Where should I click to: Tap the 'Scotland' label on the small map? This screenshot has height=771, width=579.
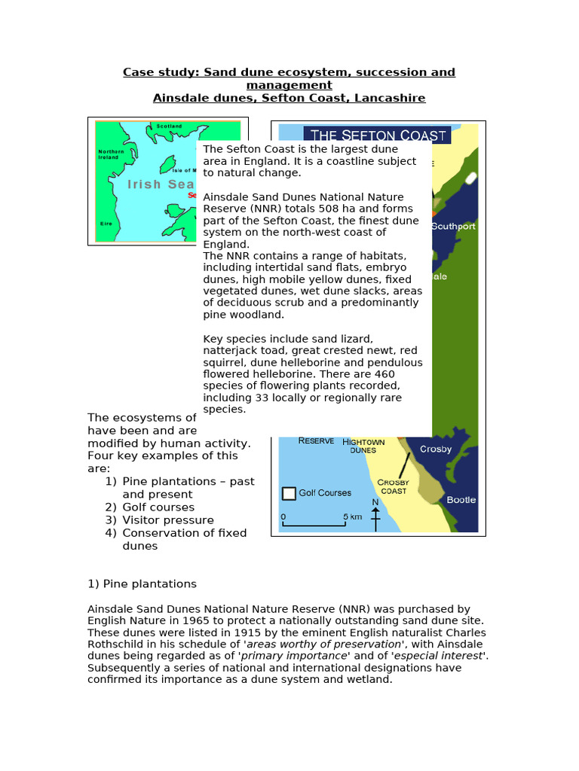(x=168, y=126)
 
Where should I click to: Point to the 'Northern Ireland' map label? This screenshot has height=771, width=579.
(x=110, y=154)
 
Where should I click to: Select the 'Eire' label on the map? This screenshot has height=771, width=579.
(x=106, y=224)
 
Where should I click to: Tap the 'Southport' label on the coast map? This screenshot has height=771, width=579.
(x=454, y=226)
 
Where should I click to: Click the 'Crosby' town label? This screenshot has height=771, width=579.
(x=436, y=449)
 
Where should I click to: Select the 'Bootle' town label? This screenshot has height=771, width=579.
(x=461, y=499)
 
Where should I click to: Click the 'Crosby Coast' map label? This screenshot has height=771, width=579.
(x=394, y=486)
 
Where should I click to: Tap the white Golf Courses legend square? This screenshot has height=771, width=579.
(x=288, y=493)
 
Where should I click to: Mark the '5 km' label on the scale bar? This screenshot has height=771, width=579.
(x=352, y=517)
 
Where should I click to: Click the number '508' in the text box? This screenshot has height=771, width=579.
(x=365, y=209)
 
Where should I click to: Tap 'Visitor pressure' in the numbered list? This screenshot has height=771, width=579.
(x=168, y=520)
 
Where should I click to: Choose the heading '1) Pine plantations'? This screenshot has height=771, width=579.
(x=142, y=584)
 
